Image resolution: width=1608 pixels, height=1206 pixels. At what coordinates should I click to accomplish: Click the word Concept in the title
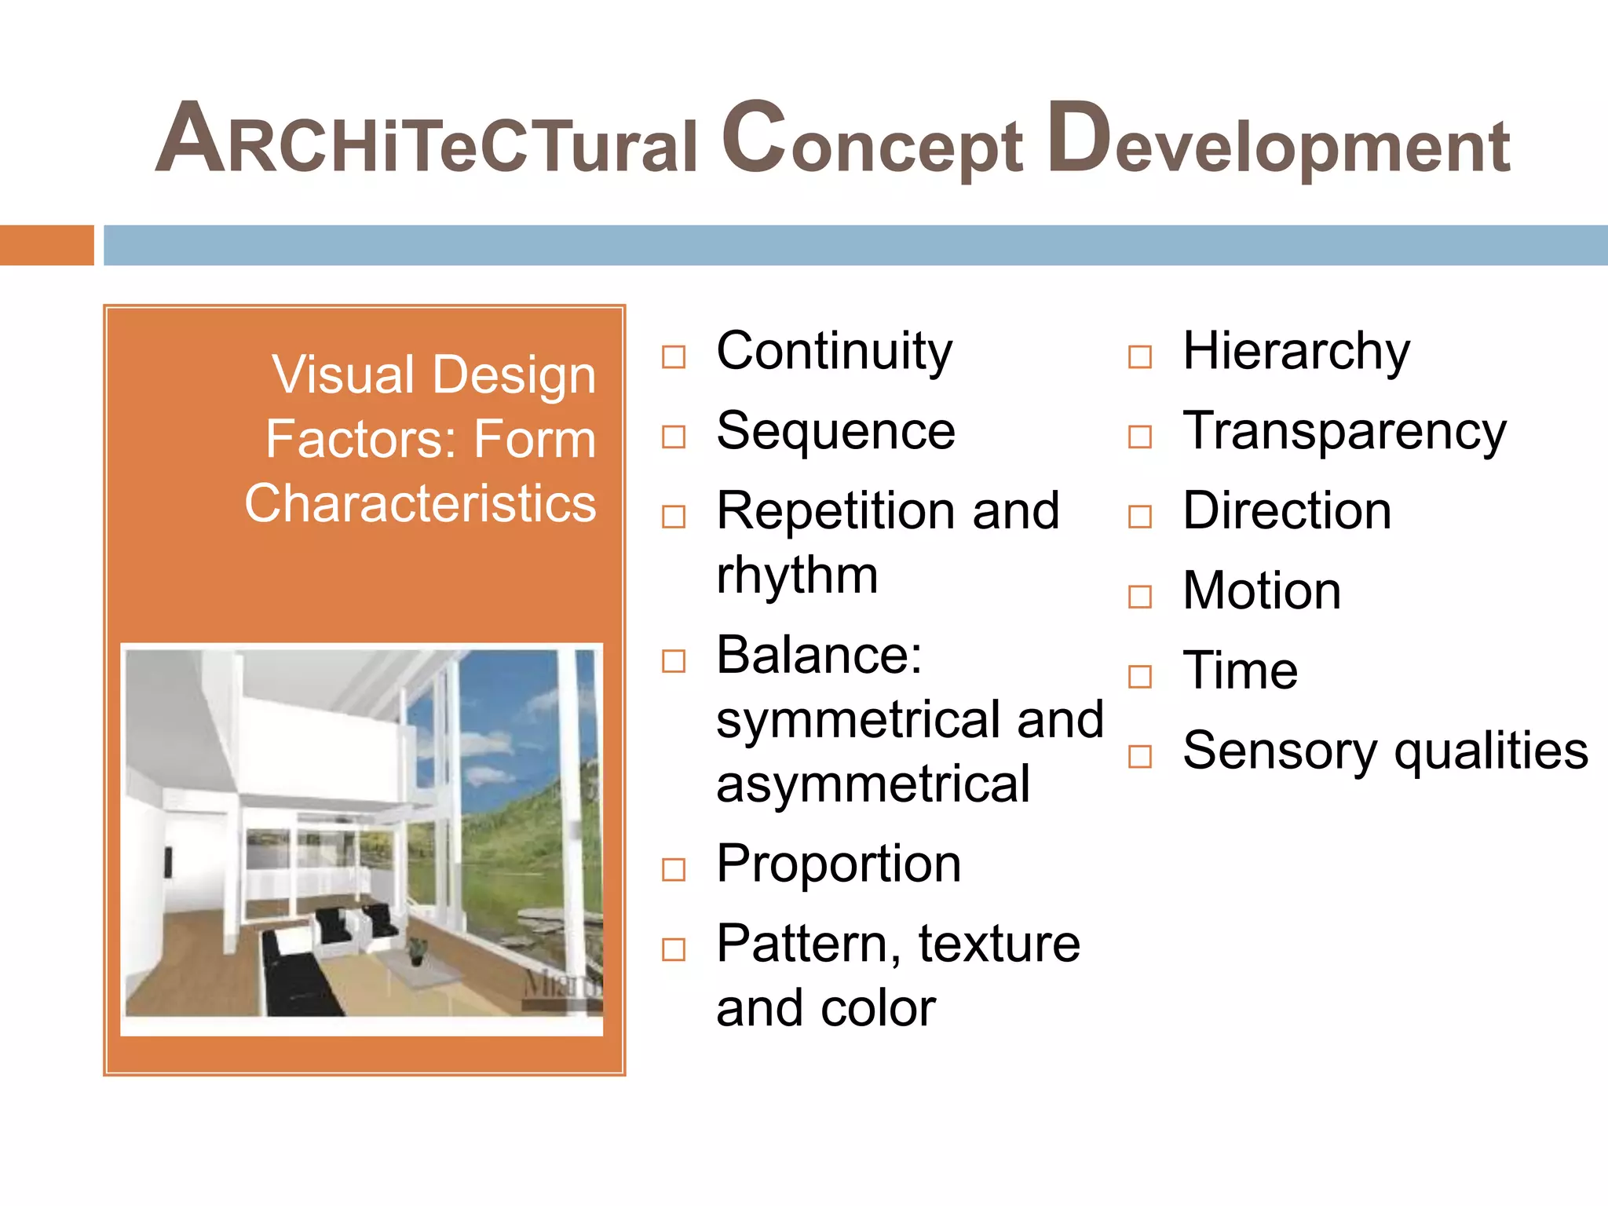(872, 141)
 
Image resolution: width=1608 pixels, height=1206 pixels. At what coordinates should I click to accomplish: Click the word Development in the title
(1278, 141)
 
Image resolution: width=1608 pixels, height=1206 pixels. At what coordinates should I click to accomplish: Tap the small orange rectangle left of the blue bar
(46, 245)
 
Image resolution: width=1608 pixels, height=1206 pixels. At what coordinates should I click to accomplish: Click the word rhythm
(796, 576)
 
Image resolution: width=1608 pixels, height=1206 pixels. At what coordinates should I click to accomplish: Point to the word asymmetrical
(872, 784)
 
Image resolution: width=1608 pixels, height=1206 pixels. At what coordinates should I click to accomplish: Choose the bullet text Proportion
(839, 864)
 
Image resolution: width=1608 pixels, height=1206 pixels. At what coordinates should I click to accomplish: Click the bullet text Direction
(1287, 511)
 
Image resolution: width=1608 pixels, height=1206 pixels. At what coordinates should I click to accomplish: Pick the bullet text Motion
(1262, 591)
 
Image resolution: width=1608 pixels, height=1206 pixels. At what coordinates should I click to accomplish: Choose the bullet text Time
(1240, 671)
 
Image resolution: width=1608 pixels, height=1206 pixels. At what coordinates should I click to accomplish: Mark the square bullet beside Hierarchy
(1139, 357)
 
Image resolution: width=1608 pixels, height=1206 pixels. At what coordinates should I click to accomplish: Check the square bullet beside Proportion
(674, 870)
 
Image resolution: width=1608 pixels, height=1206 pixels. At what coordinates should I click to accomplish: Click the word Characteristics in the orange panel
(420, 503)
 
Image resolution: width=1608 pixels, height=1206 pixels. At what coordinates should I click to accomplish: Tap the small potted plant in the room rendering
(417, 950)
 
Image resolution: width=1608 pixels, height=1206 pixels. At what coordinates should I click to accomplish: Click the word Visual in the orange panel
(343, 375)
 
